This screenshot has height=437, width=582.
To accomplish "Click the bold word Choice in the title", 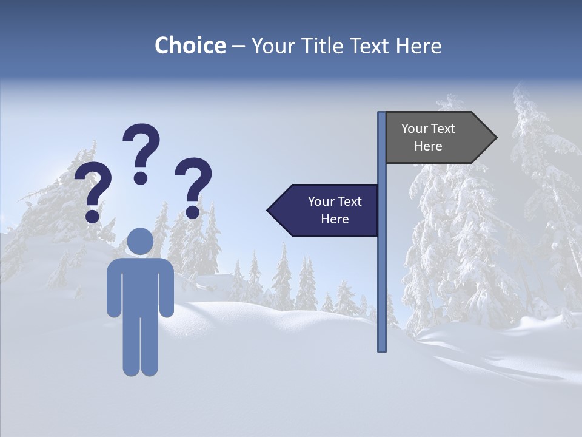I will tap(190, 46).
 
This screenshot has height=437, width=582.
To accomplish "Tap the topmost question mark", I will tap(141, 152).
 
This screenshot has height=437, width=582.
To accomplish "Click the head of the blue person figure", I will tap(141, 241).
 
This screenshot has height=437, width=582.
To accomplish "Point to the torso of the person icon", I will tap(141, 285).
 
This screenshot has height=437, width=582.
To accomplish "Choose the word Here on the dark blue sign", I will tap(335, 219).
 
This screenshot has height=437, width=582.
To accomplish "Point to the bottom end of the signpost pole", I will tap(382, 348).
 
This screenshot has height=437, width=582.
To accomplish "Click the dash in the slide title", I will tap(238, 47).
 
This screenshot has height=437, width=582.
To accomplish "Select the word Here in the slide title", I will tap(418, 46).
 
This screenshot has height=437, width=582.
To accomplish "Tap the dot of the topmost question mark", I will tap(141, 177).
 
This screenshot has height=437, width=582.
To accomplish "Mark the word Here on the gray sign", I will tap(428, 146).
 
